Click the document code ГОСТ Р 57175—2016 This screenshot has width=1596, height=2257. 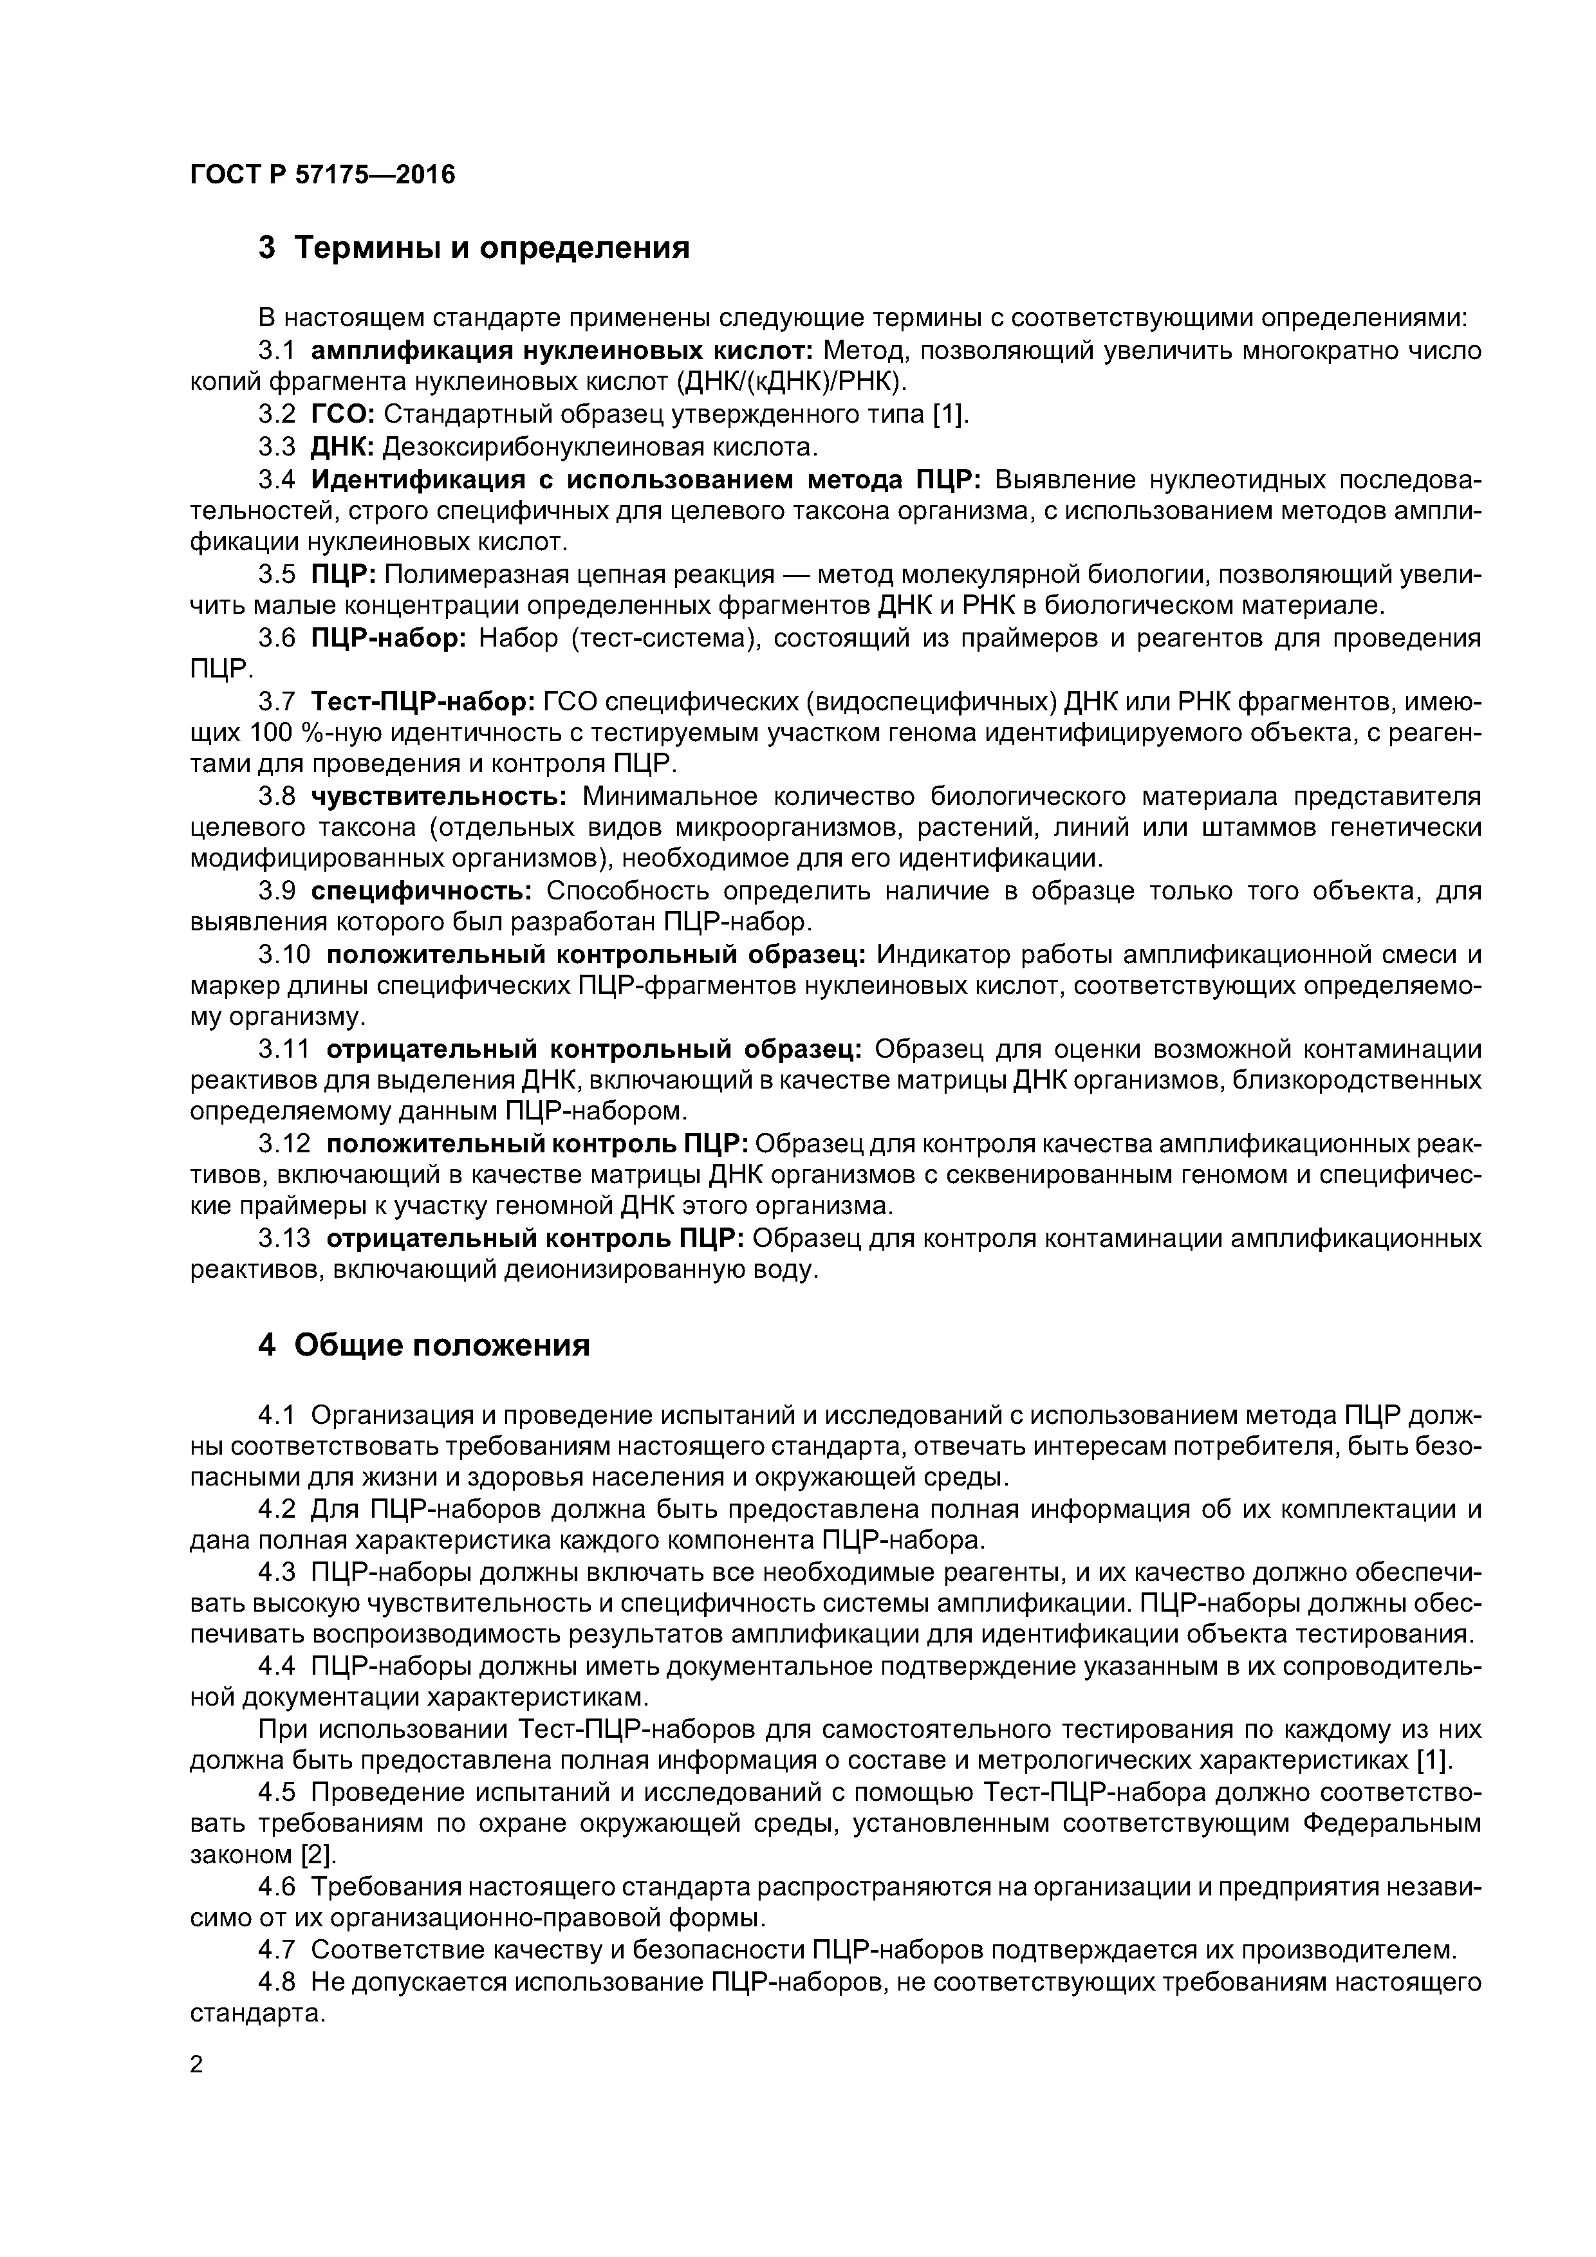click(x=322, y=175)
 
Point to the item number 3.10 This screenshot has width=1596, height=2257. click(x=284, y=955)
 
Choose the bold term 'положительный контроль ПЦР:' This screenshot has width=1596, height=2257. click(x=539, y=1144)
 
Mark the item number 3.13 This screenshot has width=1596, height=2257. click(x=284, y=1239)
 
